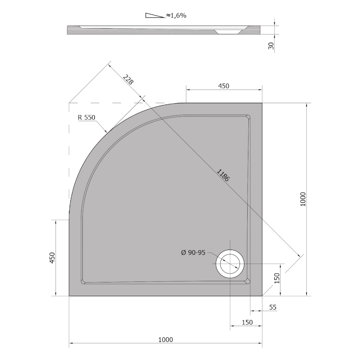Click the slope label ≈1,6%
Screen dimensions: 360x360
click(176, 15)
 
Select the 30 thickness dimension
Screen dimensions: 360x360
click(271, 46)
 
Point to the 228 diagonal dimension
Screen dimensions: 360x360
click(128, 80)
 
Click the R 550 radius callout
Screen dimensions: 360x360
click(86, 117)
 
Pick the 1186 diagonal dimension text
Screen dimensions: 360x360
click(223, 175)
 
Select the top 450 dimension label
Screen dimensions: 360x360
click(224, 86)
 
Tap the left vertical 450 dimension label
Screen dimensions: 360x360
click(52, 258)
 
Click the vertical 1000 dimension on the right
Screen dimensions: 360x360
click(303, 199)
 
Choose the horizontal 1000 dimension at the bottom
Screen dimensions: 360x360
click(166, 339)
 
